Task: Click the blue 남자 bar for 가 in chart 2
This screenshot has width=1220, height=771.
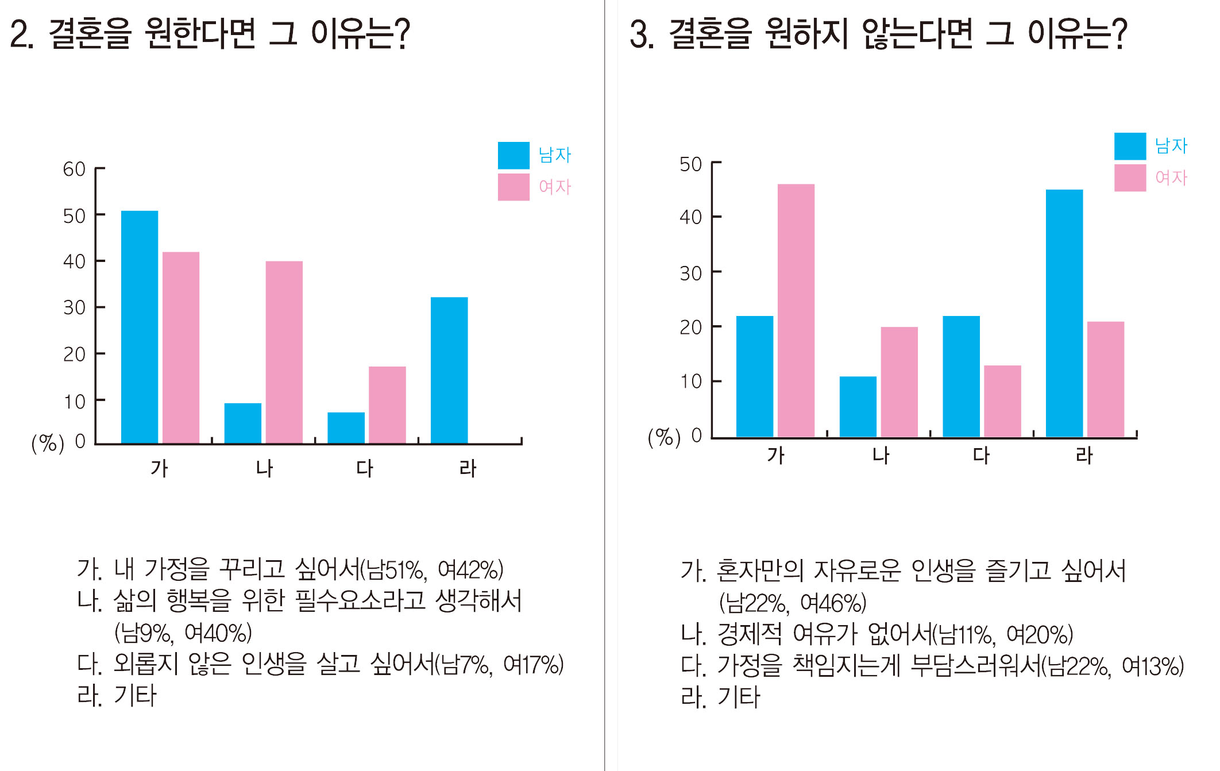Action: click(140, 327)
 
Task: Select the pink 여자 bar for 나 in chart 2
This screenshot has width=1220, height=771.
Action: click(284, 352)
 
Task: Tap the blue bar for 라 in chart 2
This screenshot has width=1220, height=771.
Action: click(449, 370)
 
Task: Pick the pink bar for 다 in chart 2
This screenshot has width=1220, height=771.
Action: click(387, 404)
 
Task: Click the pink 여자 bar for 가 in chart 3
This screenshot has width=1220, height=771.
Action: click(796, 310)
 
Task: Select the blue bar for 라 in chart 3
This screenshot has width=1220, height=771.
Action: click(1064, 313)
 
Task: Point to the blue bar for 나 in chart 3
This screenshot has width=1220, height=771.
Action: click(858, 406)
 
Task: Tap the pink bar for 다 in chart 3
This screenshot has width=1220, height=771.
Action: click(1002, 401)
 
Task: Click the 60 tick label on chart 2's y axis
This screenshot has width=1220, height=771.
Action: click(74, 169)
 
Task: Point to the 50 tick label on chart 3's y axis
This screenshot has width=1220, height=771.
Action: click(690, 165)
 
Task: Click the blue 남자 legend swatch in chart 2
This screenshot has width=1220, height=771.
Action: click(514, 155)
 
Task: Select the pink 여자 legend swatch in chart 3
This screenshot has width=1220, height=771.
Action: click(1130, 178)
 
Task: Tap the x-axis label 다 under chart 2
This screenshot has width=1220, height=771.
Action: click(365, 468)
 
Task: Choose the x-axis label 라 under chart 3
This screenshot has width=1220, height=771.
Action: click(1084, 456)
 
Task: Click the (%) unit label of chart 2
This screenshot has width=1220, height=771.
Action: click(48, 443)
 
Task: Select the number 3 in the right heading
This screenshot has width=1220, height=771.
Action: click(639, 34)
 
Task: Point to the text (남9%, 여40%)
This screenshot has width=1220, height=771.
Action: click(183, 633)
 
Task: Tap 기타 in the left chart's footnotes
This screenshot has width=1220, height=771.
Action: click(135, 696)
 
